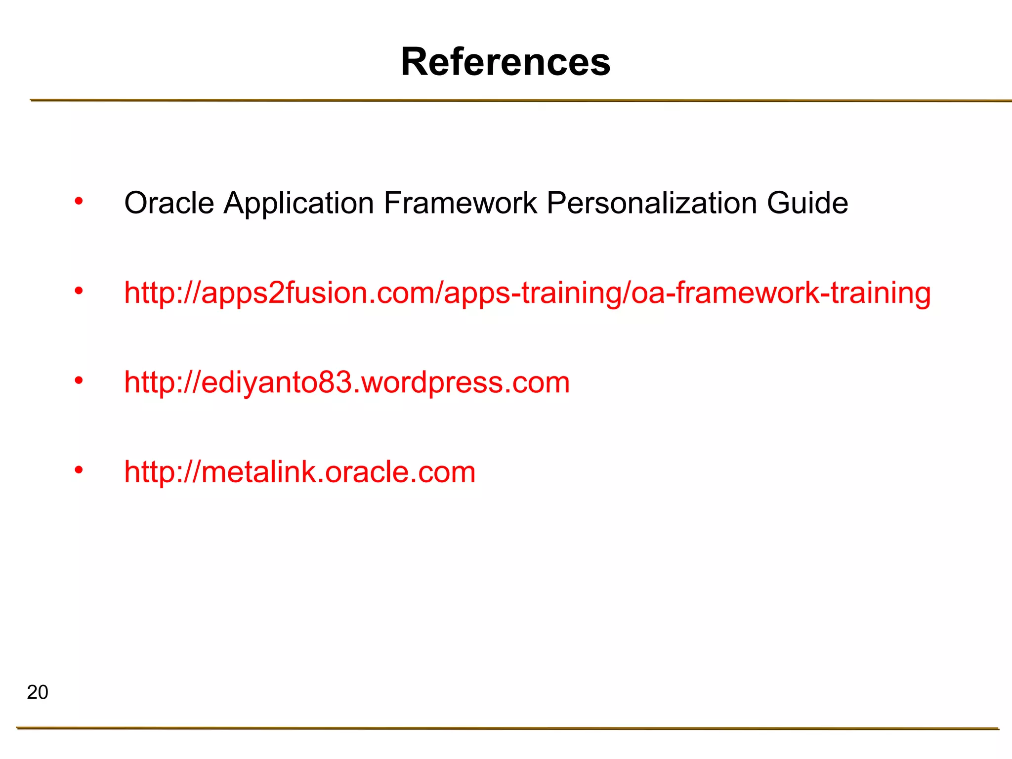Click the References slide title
tap(506, 62)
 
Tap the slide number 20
tap(38, 692)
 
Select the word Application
tap(298, 203)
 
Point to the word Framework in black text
tap(460, 203)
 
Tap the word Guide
tap(807, 203)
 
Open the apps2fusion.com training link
tap(527, 293)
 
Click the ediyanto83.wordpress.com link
tap(347, 382)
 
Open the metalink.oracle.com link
tap(299, 472)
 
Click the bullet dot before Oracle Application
tap(79, 201)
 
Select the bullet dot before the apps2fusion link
tap(79, 291)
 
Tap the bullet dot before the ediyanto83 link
tap(79, 380)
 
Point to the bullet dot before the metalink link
tap(79, 470)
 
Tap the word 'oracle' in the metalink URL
tap(368, 472)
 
